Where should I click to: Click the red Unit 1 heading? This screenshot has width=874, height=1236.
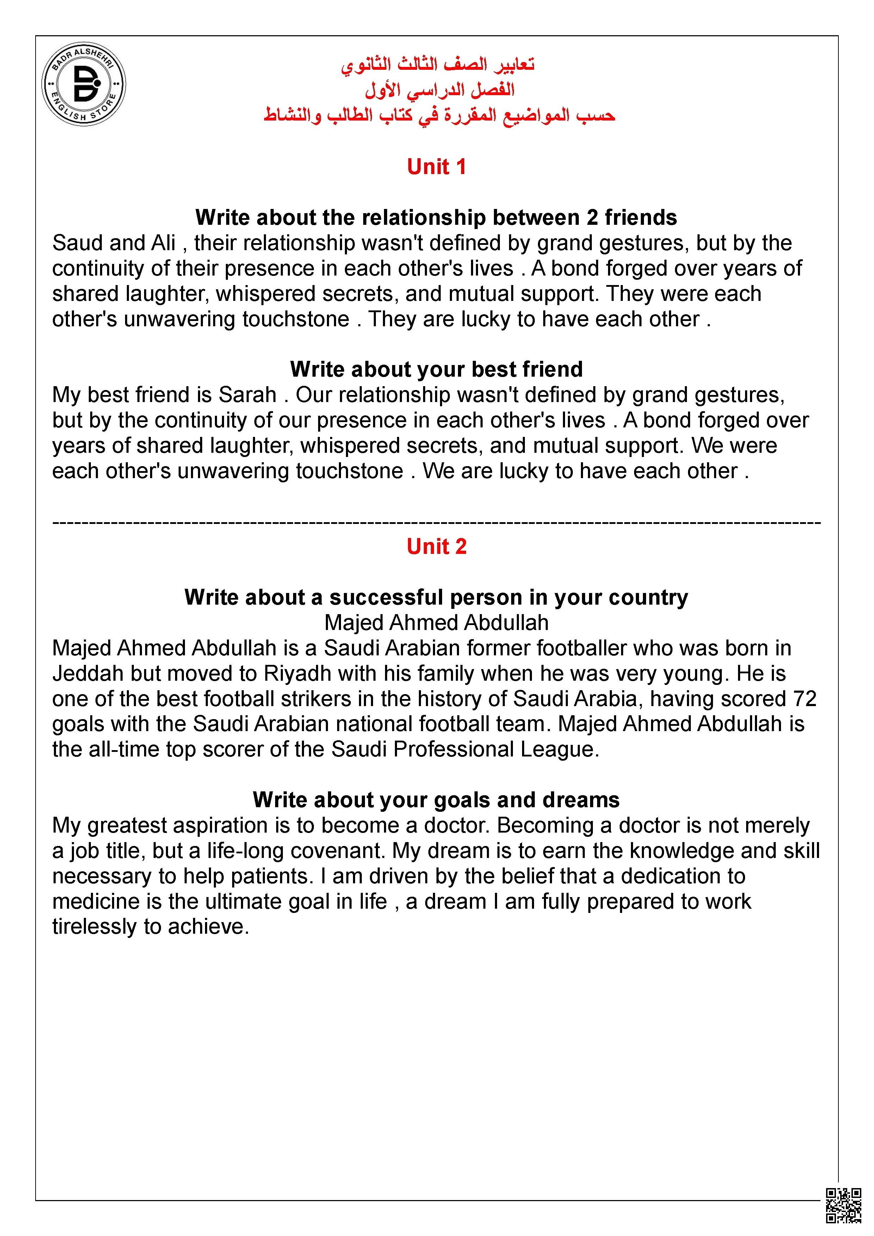[x=436, y=167]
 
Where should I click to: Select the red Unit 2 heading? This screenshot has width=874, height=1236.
[x=436, y=546]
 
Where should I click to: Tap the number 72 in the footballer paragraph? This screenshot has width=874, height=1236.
[x=805, y=699]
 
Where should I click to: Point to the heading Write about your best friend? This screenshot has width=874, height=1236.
[x=436, y=369]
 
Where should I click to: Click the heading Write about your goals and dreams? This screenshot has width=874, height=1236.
[x=436, y=800]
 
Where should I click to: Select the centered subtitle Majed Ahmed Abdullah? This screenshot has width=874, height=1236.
[x=436, y=623]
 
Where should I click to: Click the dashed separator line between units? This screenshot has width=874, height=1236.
[x=436, y=522]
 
